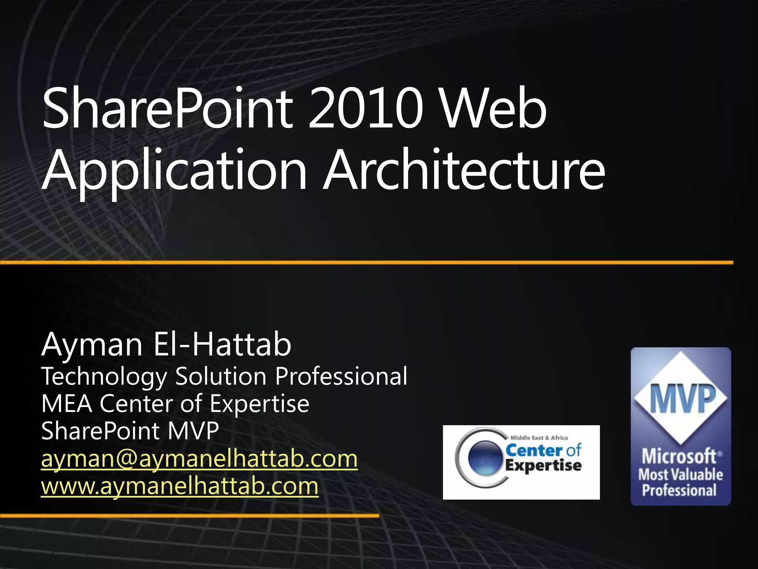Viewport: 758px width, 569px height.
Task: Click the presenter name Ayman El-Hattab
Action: pyautogui.click(x=167, y=345)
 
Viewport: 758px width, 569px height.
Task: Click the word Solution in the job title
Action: pyautogui.click(x=221, y=377)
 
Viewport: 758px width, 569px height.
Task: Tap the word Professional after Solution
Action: pyautogui.click(x=341, y=377)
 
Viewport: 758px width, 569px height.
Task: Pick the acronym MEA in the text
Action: pyautogui.click(x=67, y=404)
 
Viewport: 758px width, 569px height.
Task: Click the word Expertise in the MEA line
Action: pyautogui.click(x=259, y=404)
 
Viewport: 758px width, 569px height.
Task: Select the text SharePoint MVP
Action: pyautogui.click(x=130, y=431)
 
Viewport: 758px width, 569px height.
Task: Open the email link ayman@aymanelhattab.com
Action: pyautogui.click(x=199, y=459)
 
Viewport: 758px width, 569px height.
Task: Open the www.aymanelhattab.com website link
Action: pyautogui.click(x=180, y=486)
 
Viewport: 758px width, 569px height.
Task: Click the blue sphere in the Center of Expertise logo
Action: pyautogui.click(x=485, y=458)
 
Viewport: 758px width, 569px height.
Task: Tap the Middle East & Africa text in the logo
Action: pyautogui.click(x=539, y=438)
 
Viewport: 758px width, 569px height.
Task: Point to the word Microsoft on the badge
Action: pyautogui.click(x=679, y=456)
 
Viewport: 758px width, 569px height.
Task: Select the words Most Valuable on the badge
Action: pyautogui.click(x=680, y=475)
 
